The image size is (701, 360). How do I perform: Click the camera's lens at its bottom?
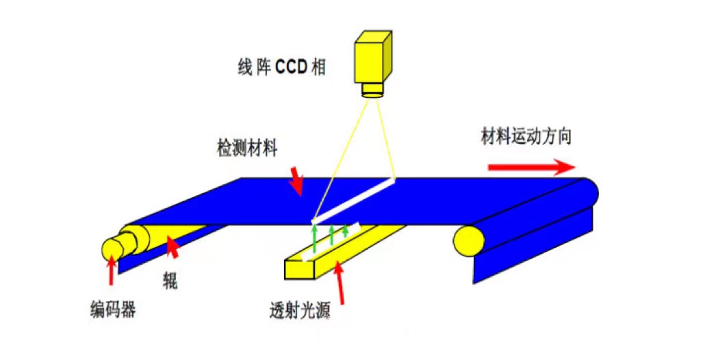374,90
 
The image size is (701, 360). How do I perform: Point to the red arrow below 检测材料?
296,179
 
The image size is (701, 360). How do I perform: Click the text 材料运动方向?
526,137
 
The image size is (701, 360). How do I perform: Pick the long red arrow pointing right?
531,167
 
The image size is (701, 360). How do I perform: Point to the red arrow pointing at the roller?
174,249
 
